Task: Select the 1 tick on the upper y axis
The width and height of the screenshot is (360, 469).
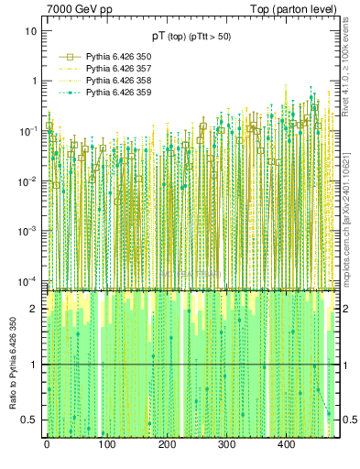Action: pos(34,81)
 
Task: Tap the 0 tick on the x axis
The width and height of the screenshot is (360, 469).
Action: pos(47,445)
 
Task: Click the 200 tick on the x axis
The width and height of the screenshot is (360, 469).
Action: pos(167,445)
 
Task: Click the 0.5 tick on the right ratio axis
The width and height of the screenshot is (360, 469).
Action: pos(347,420)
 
